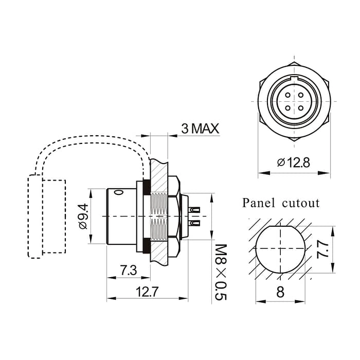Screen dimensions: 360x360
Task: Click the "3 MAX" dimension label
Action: coord(201,128)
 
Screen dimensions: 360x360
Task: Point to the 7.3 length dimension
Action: coord(124,270)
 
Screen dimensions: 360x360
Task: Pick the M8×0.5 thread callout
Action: coord(220,273)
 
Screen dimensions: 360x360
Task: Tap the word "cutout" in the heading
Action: coord(301,203)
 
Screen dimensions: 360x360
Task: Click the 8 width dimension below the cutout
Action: coord(280,292)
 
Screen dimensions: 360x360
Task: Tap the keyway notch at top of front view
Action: coord(293,79)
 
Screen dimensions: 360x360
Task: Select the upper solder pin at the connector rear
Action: coord(195,210)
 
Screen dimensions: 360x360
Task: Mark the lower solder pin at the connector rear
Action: coord(195,223)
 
